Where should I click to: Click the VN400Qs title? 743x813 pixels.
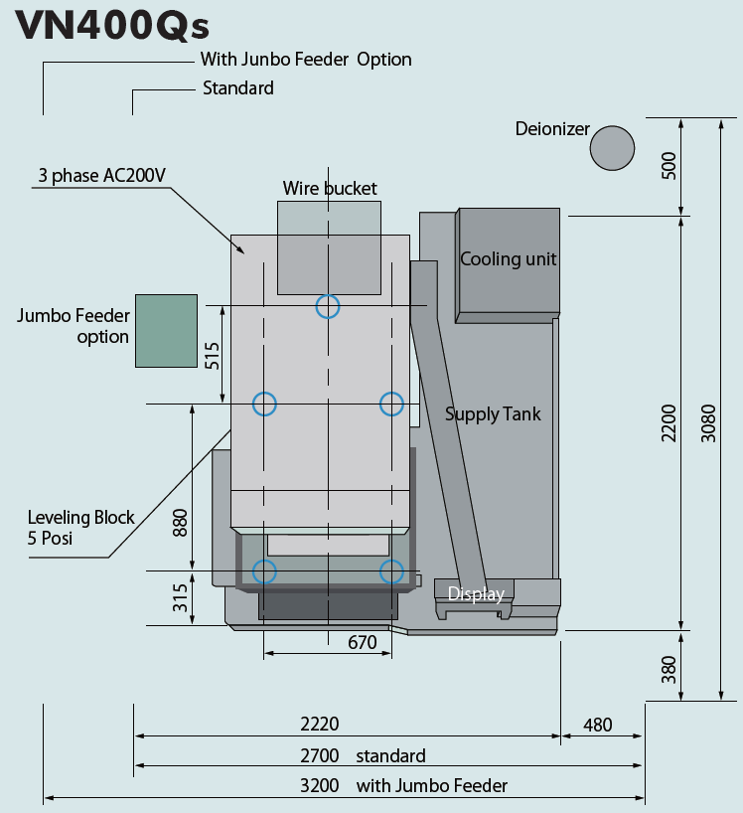tap(112, 26)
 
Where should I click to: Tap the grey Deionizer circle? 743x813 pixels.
tap(612, 148)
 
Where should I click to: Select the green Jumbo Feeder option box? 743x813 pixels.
tap(166, 331)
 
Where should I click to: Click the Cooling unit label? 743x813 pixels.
tap(509, 258)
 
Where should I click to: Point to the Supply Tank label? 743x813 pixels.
tap(493, 413)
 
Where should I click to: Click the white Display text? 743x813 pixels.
tap(476, 593)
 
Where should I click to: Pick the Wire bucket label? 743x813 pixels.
tap(330, 188)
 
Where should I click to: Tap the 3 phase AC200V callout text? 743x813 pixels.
tap(102, 175)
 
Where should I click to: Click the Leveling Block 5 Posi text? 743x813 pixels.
tap(80, 528)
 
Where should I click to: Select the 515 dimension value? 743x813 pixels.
tap(212, 356)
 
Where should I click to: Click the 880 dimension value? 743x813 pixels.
tap(180, 523)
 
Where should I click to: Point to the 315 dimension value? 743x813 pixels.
tap(180, 598)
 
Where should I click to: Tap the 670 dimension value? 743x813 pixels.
tap(363, 642)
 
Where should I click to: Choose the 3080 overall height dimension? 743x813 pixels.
tap(708, 423)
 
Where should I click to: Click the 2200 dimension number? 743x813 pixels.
tap(669, 423)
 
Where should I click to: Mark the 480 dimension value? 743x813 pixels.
tap(597, 725)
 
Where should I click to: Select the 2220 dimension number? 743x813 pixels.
tap(320, 724)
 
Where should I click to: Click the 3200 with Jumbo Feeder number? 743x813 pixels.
tap(320, 785)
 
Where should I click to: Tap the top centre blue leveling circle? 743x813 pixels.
tap(328, 306)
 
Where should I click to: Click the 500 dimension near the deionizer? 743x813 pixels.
tap(669, 165)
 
